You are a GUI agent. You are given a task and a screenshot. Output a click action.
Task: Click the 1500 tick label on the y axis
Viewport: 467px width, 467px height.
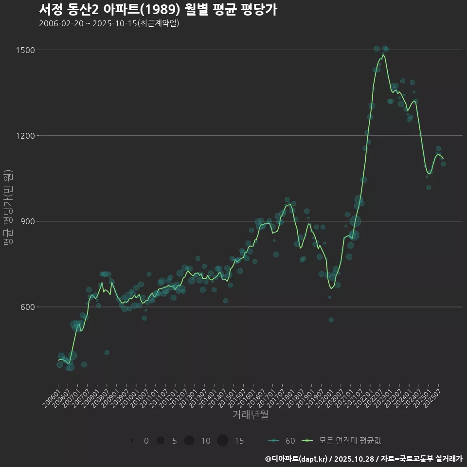click(25, 50)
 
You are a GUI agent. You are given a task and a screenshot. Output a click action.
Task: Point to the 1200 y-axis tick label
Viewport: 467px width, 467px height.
click(25, 136)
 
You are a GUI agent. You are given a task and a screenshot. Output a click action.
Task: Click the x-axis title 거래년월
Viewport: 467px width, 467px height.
click(250, 415)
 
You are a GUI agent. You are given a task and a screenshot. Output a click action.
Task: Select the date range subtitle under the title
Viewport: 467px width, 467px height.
click(109, 23)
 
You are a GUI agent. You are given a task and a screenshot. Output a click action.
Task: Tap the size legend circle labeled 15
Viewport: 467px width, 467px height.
click(222, 441)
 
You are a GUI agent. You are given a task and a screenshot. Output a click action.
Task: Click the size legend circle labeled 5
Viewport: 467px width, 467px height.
click(160, 441)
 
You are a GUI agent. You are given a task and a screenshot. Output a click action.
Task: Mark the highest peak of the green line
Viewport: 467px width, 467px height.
click(383, 55)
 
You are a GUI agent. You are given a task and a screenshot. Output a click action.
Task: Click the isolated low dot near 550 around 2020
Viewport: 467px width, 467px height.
click(331, 320)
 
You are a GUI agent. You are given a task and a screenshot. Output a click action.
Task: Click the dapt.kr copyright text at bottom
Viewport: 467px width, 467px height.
click(363, 459)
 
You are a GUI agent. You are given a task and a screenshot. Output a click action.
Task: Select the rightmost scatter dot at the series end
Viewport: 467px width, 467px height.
click(443, 164)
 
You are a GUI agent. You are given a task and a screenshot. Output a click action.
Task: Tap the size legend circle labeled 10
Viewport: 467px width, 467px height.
click(189, 441)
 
